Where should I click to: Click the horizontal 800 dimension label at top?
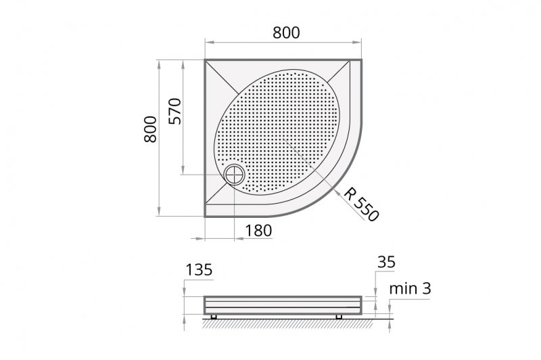(286, 32)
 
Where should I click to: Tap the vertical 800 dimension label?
(150, 129)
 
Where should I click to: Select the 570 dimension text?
(174, 111)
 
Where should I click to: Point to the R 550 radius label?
(361, 204)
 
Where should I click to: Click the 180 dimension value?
(258, 230)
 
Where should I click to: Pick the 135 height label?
(199, 269)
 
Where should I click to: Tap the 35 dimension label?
(386, 263)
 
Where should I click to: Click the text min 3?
(410, 288)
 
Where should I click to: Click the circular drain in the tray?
(235, 174)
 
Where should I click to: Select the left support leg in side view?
(214, 317)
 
